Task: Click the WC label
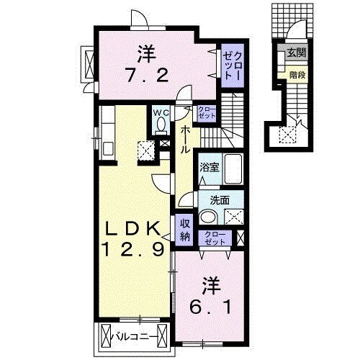click(160, 113)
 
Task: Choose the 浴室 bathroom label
click(210, 167)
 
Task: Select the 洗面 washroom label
click(220, 201)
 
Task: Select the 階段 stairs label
click(295, 73)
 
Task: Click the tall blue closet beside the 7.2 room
click(232, 60)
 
